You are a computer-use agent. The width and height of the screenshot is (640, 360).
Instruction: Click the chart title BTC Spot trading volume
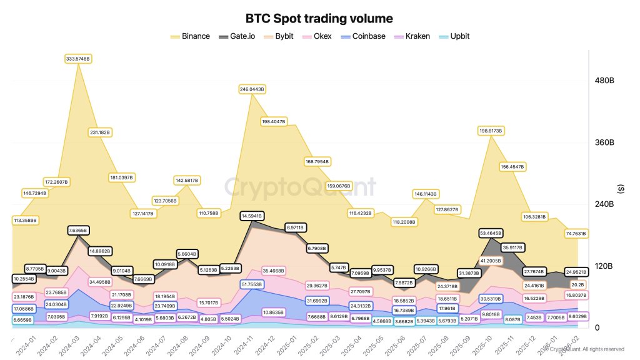(x=319, y=19)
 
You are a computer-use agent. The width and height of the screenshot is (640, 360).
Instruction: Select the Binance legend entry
(x=190, y=36)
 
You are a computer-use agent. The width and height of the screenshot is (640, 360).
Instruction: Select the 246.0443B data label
(x=252, y=89)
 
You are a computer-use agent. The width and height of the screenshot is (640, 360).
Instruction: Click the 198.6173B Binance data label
(x=491, y=131)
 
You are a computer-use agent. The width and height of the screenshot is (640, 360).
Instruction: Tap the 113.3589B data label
(x=25, y=220)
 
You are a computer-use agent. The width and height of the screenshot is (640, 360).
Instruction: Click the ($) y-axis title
(x=621, y=189)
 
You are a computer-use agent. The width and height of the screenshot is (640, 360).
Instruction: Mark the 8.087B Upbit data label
(x=512, y=319)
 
